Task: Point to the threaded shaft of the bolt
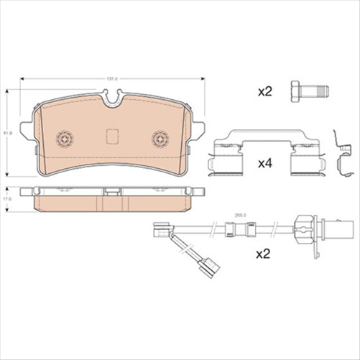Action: pyautogui.click(x=318, y=92)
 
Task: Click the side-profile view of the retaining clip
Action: pyautogui.click(x=343, y=154)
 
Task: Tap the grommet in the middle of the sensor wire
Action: pyautogui.click(x=236, y=231)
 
